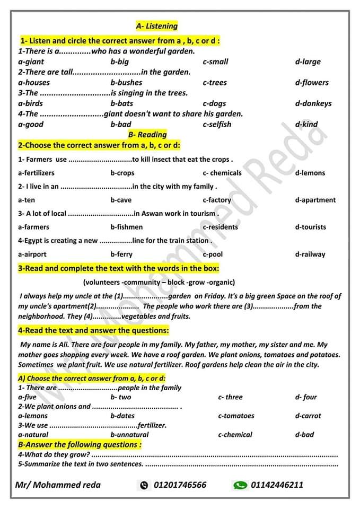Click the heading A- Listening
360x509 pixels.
(x=156, y=25)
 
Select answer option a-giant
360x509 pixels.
(x=31, y=62)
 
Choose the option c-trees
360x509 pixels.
(x=215, y=82)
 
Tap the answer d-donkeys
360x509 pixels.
(x=313, y=103)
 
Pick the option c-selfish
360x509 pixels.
(x=217, y=124)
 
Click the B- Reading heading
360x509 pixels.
(x=147, y=135)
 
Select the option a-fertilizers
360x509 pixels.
(x=36, y=173)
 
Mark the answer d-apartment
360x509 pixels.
(x=315, y=200)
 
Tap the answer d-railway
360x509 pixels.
(x=310, y=254)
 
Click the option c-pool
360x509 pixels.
(x=213, y=254)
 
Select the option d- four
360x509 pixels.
(x=306, y=397)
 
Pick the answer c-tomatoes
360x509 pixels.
(x=236, y=416)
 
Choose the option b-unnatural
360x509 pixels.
(x=129, y=434)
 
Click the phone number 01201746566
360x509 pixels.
(x=180, y=485)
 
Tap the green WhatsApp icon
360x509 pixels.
(x=240, y=485)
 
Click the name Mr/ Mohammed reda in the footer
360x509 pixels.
(x=58, y=485)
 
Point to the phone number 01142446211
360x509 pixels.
(x=277, y=485)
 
